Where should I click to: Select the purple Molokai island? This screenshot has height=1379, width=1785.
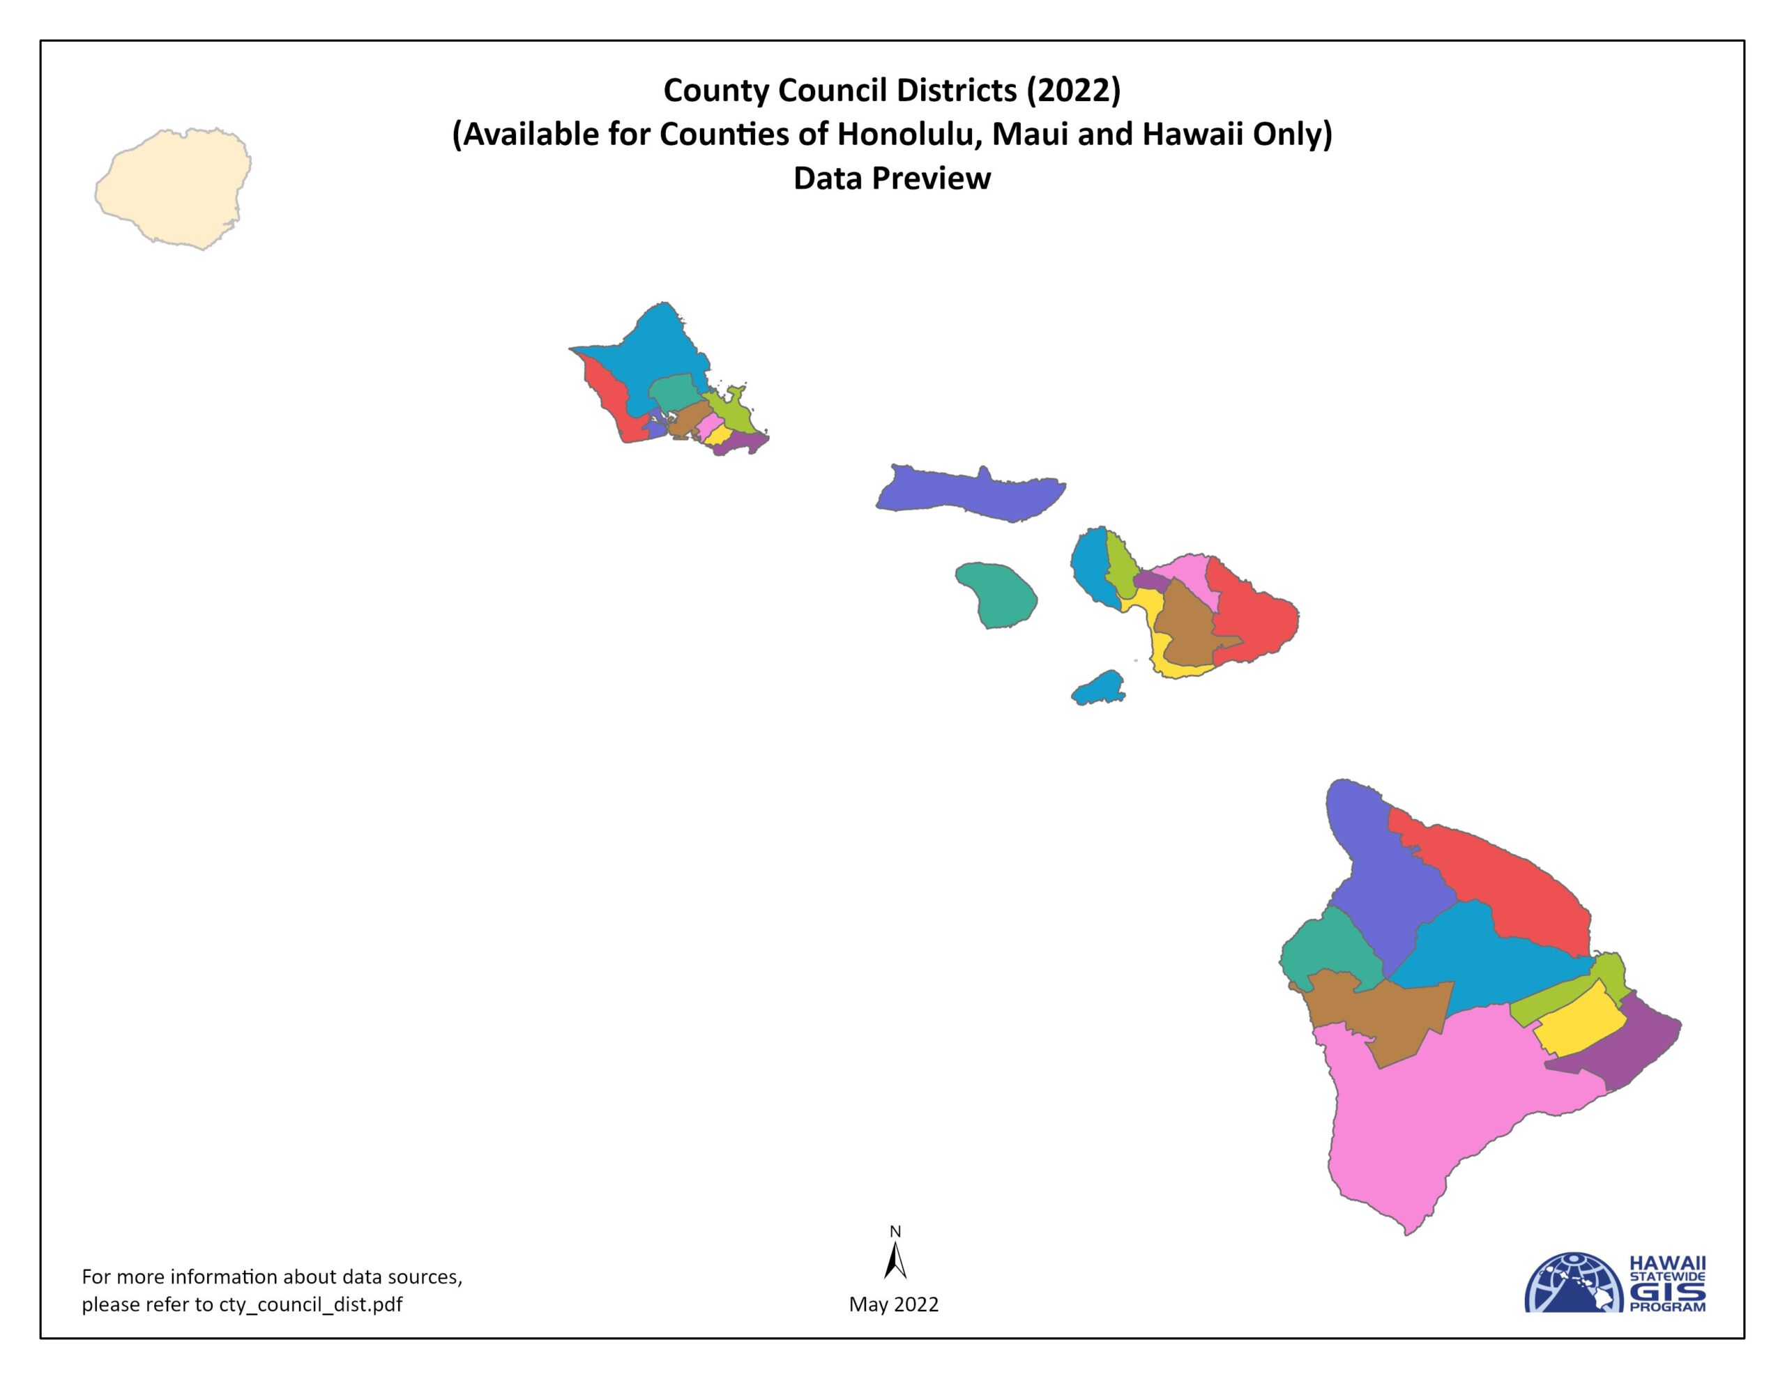click(x=969, y=493)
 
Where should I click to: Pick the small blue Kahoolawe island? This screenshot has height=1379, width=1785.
click(x=1100, y=688)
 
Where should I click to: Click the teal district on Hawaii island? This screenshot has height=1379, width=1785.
click(x=1328, y=948)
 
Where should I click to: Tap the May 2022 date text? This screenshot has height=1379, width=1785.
click(x=893, y=1304)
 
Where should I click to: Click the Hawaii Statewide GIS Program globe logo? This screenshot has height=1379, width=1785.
click(x=1573, y=1283)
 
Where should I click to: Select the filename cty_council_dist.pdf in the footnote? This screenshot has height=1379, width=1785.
click(x=310, y=1304)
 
